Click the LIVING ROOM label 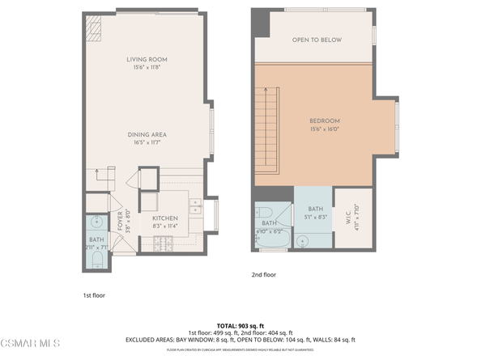pos(146,60)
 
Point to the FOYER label pos(120,219)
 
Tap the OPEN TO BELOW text pos(317,40)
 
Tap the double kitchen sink pos(196,210)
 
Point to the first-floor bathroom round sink pos(96,221)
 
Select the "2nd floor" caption pos(263,275)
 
